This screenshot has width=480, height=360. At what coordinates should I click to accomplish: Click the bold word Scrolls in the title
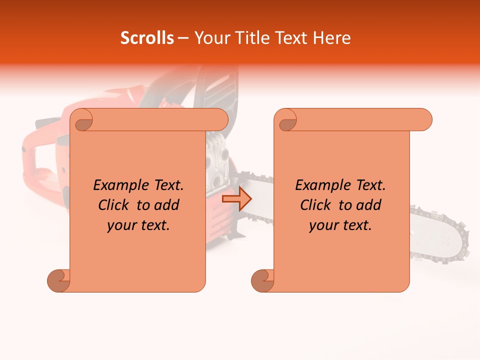click(x=147, y=38)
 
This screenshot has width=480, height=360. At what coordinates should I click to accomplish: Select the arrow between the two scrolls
click(x=237, y=199)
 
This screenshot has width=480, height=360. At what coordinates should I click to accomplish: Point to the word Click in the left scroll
click(x=115, y=205)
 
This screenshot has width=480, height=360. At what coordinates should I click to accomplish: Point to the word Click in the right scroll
click(x=316, y=205)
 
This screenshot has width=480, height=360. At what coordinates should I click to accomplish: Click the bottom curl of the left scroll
click(x=58, y=281)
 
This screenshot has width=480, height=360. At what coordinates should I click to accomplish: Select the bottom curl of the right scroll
click(x=262, y=281)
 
